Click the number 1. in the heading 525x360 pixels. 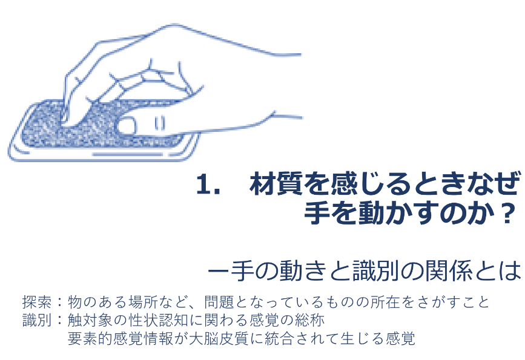coord(208,184)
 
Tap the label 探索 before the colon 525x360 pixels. coord(37,302)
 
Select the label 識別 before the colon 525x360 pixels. coord(37,320)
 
